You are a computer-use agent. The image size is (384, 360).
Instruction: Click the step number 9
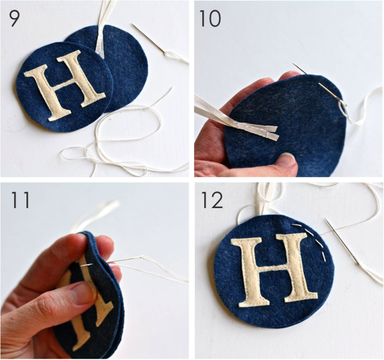pyautogui.click(x=14, y=18)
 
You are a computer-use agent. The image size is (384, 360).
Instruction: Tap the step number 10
pyautogui.click(x=210, y=18)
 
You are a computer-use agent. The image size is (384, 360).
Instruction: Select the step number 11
pyautogui.click(x=20, y=200)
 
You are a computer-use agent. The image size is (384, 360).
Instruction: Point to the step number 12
pyautogui.click(x=212, y=200)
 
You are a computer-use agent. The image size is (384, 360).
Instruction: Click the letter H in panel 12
pyautogui.click(x=274, y=271)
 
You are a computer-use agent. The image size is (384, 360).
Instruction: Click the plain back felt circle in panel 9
pyautogui.click(x=122, y=66)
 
